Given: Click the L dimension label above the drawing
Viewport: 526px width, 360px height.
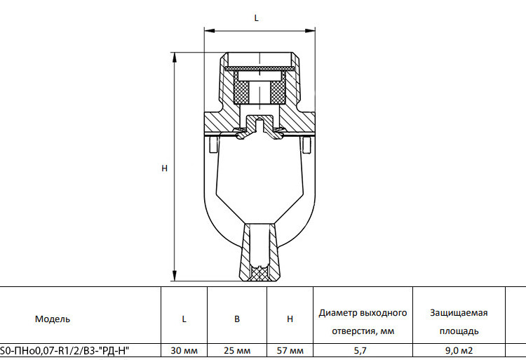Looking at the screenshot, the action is tap(256, 18).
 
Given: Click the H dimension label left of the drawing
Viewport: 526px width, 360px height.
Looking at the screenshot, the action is tap(164, 168).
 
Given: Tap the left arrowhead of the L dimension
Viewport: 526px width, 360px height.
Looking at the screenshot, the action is tap(209, 31).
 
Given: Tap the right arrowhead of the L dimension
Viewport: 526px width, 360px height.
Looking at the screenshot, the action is tap(310, 31).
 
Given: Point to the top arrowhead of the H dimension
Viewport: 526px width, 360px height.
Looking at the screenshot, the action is tap(175, 58).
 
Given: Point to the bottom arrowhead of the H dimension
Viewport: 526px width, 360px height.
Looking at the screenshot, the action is tap(175, 276).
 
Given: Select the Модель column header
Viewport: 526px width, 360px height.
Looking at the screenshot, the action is tap(53, 319).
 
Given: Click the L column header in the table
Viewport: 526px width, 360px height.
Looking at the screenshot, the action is tap(184, 319).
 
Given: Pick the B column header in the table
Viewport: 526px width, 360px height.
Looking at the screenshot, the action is tap(237, 319).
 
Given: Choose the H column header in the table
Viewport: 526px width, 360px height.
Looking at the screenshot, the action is tap(290, 319).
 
